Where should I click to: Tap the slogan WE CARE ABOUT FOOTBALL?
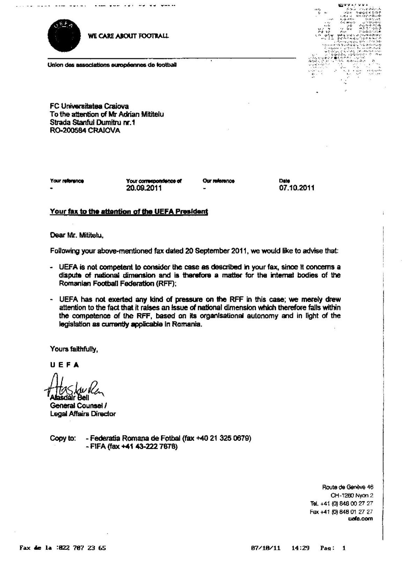tap(129, 36)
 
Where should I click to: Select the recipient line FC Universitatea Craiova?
tap(89, 106)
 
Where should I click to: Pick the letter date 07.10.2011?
tap(297, 188)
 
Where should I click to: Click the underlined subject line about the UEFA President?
tap(129, 211)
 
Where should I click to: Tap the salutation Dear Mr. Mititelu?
tap(77, 235)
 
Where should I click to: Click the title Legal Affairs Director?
tap(83, 414)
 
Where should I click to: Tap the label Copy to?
tap(63, 438)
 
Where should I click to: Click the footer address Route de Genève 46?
tap(347, 487)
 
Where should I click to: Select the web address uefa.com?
tap(361, 518)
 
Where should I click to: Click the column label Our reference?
tap(218, 181)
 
